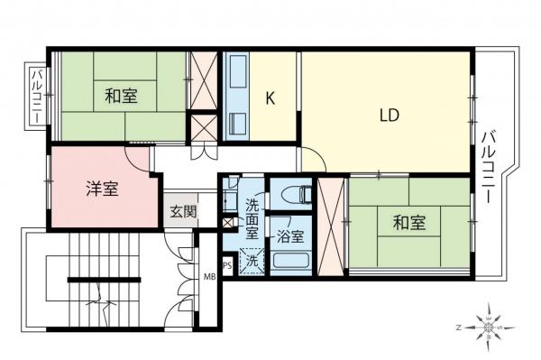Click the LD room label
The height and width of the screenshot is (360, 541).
click(389, 115)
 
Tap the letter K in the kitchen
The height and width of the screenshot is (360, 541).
click(269, 98)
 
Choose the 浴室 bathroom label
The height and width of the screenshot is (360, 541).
click(289, 237)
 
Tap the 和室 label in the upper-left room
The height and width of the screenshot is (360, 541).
click(120, 96)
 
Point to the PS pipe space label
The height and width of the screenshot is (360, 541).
click(228, 265)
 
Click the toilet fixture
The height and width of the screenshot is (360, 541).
click(292, 193)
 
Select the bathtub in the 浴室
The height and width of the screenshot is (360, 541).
click(291, 263)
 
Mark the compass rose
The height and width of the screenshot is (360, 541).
click(488, 327)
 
